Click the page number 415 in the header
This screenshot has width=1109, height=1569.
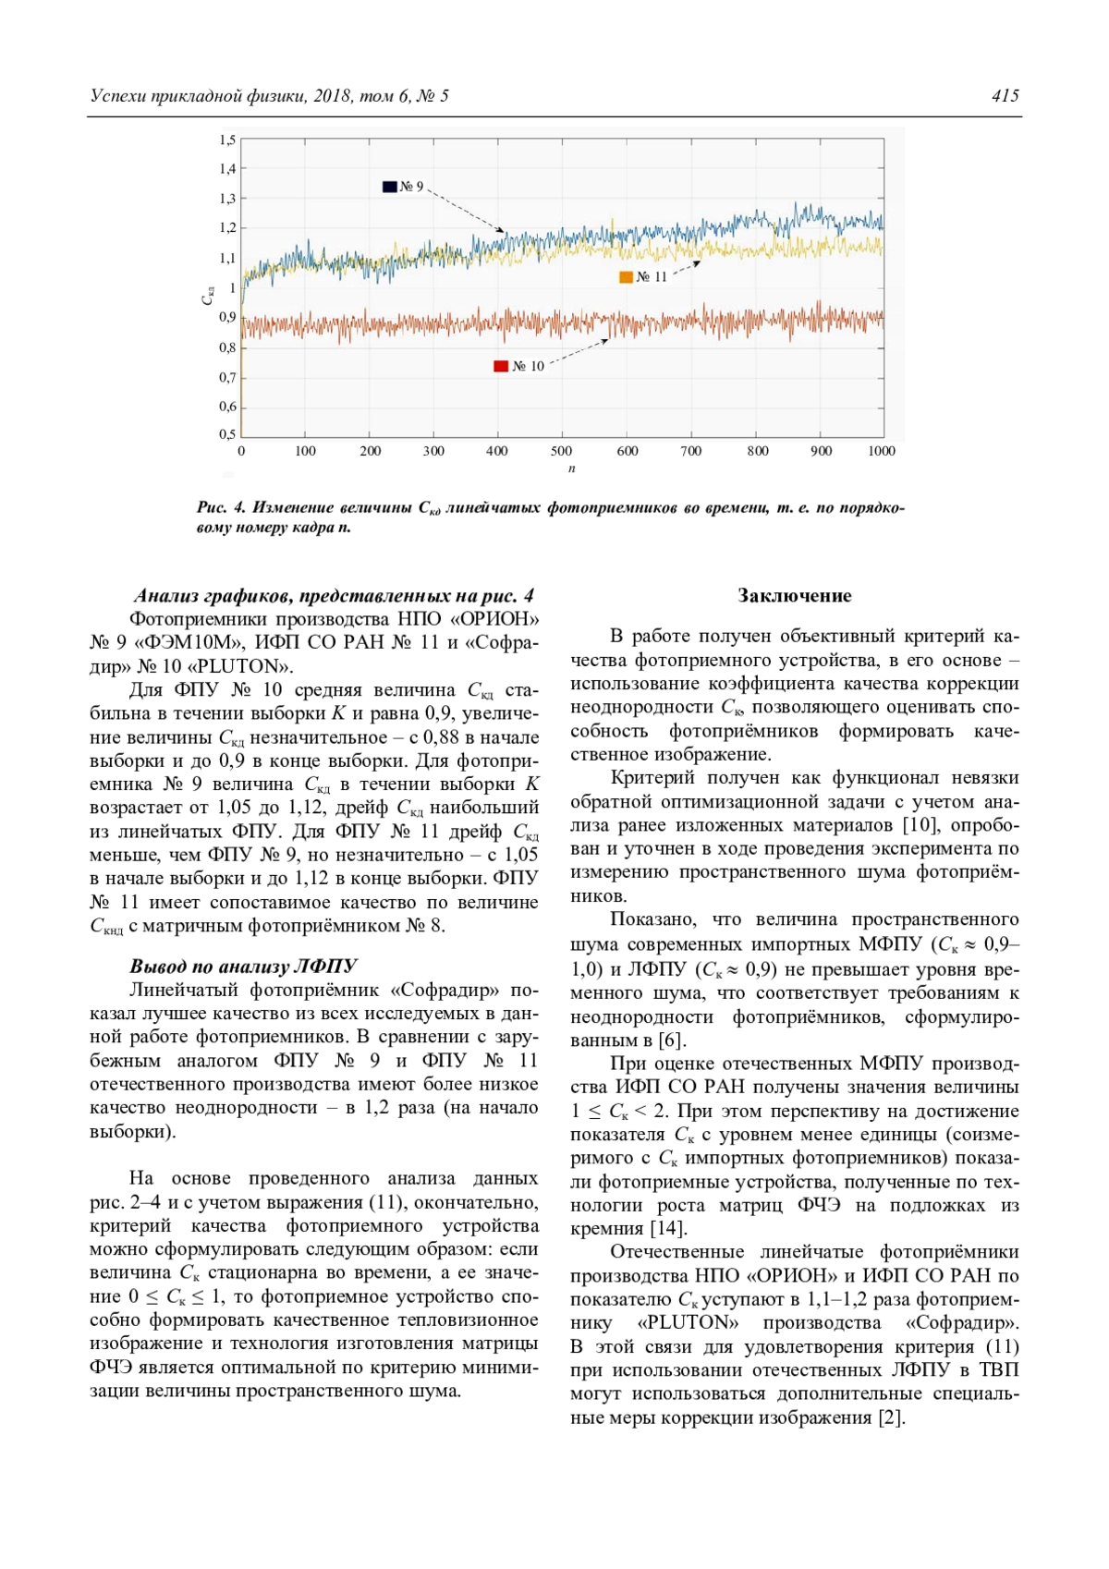[x=1005, y=96]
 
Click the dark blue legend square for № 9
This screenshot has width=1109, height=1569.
[x=390, y=187]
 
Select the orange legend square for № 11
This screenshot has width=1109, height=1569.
[x=626, y=277]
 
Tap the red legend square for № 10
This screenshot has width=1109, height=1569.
[x=501, y=367]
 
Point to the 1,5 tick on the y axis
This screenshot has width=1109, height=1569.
[x=227, y=140]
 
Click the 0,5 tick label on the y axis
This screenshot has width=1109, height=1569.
[x=227, y=434]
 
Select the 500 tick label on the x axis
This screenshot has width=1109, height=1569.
[x=561, y=451]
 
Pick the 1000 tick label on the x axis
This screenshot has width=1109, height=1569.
[x=881, y=451]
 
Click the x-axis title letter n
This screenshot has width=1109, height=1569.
[x=571, y=468]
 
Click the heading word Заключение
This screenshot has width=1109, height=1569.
[x=794, y=596]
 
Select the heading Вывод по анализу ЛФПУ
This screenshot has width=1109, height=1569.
[x=243, y=967]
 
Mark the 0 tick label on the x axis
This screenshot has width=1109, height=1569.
[x=241, y=451]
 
